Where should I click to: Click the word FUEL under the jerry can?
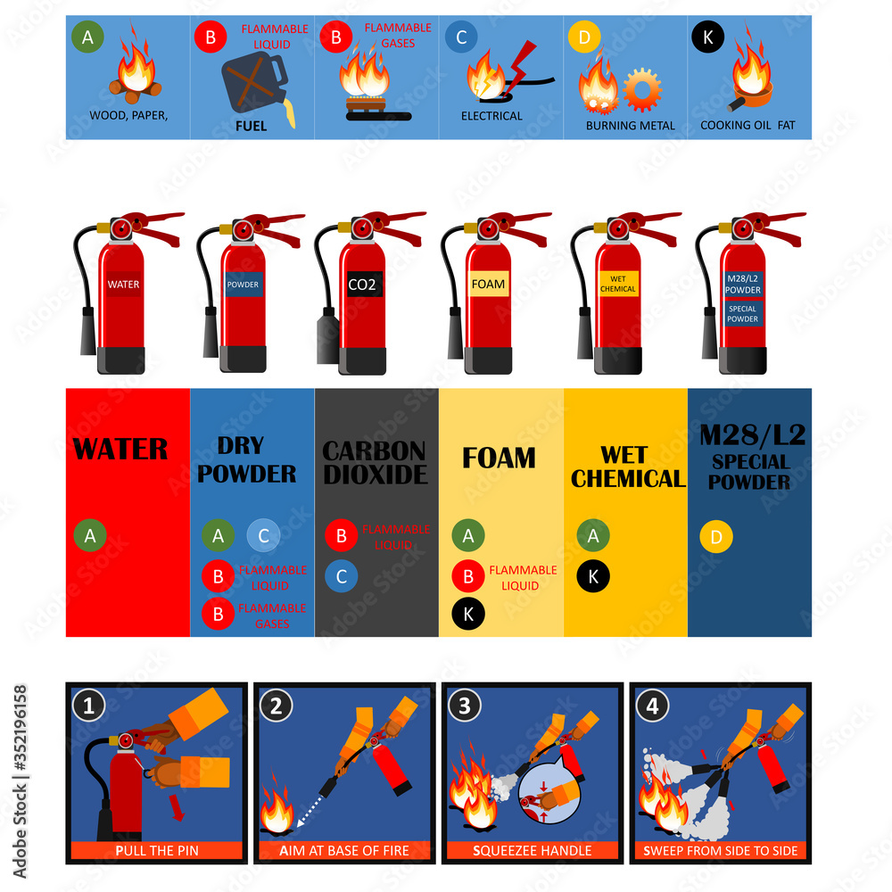tap(251, 126)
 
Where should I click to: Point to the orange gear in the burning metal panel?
tap(642, 88)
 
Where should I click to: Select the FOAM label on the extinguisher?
tap(488, 285)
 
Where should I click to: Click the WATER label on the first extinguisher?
tap(123, 285)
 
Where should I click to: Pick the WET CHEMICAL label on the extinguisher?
tap(617, 284)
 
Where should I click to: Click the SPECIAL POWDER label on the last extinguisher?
tap(742, 313)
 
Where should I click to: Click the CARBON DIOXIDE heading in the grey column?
tap(375, 463)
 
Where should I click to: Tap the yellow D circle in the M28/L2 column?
tap(716, 537)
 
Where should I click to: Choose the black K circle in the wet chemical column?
tap(593, 576)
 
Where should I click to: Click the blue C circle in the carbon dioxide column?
tap(342, 576)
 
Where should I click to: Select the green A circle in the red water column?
tap(90, 536)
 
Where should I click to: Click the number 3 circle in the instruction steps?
tap(464, 706)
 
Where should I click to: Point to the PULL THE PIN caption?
tap(157, 850)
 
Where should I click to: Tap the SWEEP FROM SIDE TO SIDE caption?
tap(720, 850)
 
